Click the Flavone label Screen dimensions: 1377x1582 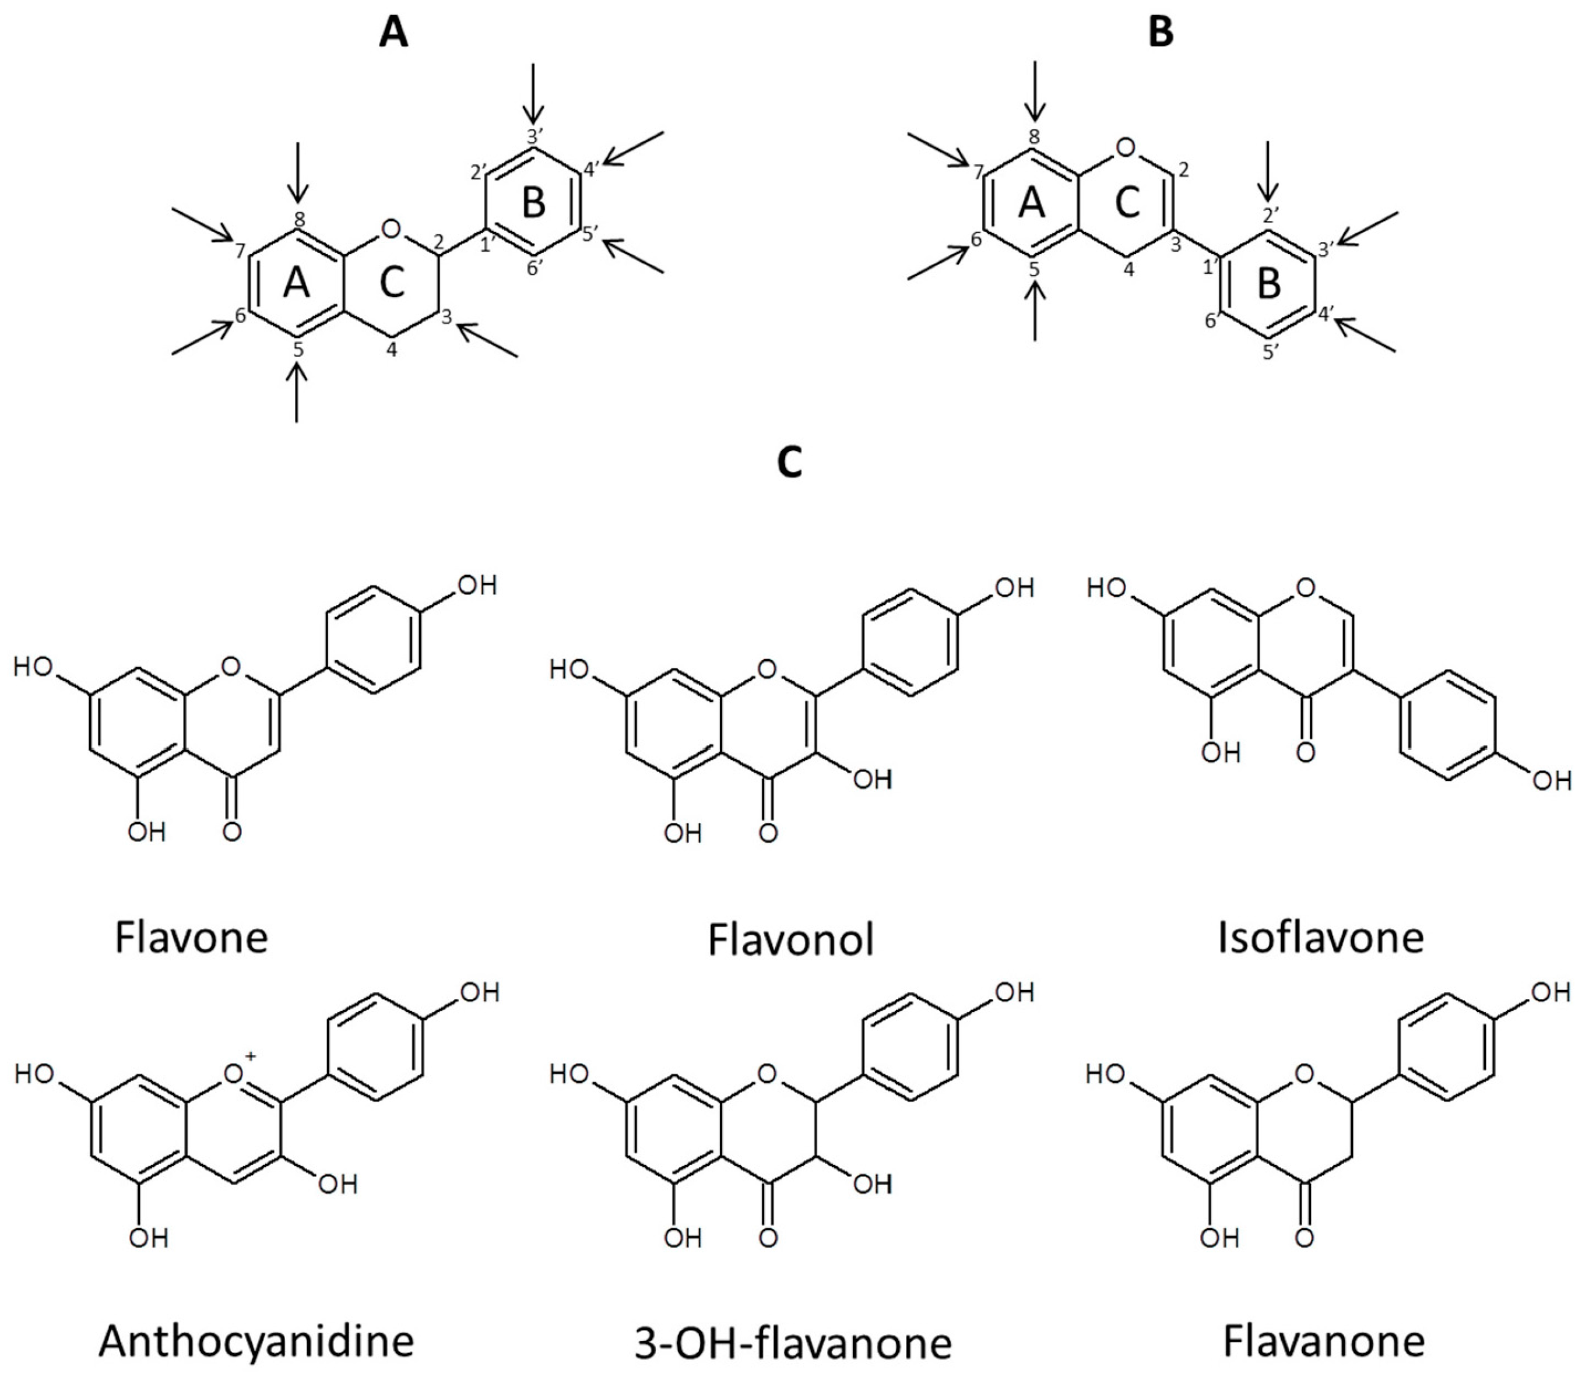(x=191, y=938)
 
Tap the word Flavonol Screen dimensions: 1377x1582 (x=791, y=941)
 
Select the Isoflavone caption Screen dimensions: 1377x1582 (x=1321, y=938)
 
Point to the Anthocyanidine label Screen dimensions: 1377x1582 (x=256, y=1340)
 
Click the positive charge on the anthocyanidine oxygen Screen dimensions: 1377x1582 (x=251, y=1057)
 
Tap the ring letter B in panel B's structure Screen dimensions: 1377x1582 (x=1268, y=284)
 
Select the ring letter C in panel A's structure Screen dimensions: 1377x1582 (x=392, y=284)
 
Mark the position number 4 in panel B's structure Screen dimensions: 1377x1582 (x=1129, y=270)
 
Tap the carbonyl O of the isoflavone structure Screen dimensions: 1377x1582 (x=1305, y=752)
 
